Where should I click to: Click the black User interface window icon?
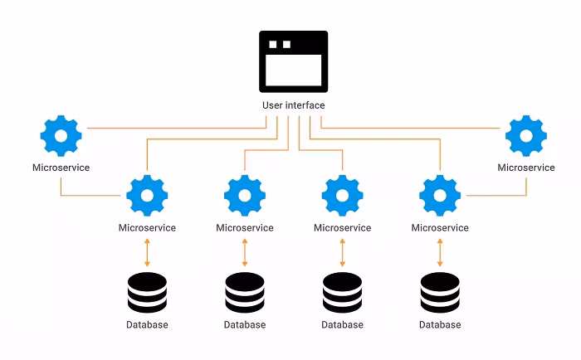(x=293, y=62)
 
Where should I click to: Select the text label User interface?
(x=293, y=106)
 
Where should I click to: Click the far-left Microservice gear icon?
(x=61, y=135)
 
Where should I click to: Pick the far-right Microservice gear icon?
(x=526, y=135)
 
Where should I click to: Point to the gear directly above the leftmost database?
(x=147, y=196)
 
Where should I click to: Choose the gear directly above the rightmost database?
(x=440, y=196)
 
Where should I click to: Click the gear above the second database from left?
(x=245, y=196)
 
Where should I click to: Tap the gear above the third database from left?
(x=342, y=196)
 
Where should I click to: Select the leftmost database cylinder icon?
(x=147, y=292)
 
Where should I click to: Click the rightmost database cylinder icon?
(x=440, y=292)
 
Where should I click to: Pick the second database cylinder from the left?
(x=245, y=292)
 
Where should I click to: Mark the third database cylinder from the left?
(x=342, y=292)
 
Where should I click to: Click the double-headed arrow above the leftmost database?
(x=147, y=252)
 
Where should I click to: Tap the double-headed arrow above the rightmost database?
(x=440, y=252)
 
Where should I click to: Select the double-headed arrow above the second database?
(x=245, y=252)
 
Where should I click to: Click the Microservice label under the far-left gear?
(x=61, y=168)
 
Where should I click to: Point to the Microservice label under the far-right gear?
(x=526, y=168)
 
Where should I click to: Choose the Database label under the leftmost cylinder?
(x=147, y=325)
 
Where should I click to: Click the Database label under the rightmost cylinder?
(x=440, y=325)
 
